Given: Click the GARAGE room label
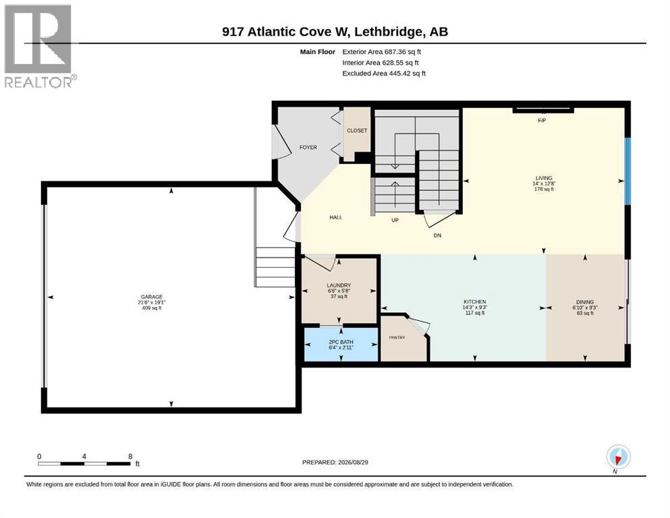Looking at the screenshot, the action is tap(152, 297).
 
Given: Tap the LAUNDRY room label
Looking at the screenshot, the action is tap(339, 285).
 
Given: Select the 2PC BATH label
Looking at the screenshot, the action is tap(341, 342).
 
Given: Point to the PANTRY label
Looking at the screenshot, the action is tap(397, 337).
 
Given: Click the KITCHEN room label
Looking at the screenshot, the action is tap(475, 301).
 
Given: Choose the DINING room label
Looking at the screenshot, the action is tap(585, 301).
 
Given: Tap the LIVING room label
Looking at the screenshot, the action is tap(544, 178).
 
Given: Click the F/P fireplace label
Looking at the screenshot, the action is tap(542, 121).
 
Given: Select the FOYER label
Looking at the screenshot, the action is tap(308, 147).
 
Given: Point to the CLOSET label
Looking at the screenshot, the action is tap(357, 131).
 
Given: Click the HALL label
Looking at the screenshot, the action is tap(336, 217).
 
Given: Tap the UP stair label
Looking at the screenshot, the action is tap(395, 221).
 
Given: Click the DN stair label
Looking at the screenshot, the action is tap(437, 235).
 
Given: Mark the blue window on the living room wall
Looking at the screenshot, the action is tap(627, 171).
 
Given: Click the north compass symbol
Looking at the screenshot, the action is tap(618, 457).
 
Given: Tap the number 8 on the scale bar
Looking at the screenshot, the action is tap(130, 456).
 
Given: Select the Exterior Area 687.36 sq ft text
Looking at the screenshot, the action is tap(382, 52).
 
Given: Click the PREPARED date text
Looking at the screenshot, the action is tap(335, 462).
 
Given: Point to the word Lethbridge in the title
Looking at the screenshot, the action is tap(389, 32).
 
